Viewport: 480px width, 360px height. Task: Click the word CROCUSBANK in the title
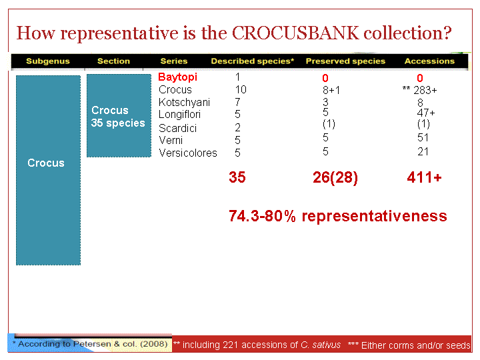point(295,33)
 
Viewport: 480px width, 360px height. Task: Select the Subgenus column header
point(48,61)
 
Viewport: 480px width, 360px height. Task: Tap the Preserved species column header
point(345,61)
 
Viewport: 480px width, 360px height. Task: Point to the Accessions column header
point(429,61)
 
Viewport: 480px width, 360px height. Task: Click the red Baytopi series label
point(177,77)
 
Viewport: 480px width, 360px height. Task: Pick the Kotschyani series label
point(184,102)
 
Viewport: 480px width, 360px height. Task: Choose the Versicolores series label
point(188,153)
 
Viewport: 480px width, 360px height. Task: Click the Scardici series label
point(177,128)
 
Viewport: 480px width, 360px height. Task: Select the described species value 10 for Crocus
point(241,89)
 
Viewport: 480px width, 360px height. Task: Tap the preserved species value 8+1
point(331,90)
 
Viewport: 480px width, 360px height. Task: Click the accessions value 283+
point(425,90)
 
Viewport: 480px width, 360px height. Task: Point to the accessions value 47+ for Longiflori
point(426,113)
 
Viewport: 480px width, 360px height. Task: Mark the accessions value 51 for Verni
point(423,137)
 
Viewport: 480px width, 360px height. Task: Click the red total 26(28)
point(335,177)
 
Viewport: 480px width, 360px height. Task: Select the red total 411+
point(424,177)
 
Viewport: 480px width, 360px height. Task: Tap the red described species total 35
point(237,177)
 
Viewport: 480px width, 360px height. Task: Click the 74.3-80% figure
point(263,216)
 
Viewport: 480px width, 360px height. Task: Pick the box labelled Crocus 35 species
point(119,116)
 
